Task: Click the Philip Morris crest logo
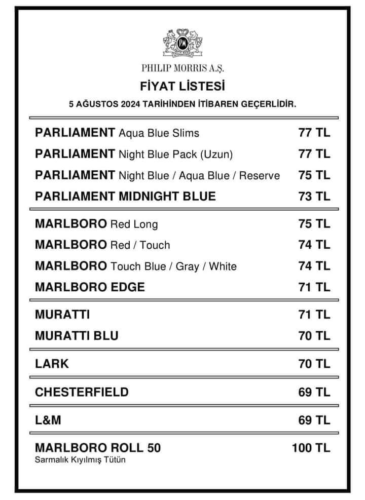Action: click(x=182, y=42)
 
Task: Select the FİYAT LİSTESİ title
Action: click(x=182, y=84)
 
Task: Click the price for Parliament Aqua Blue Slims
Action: click(x=314, y=133)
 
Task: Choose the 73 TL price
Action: click(x=314, y=196)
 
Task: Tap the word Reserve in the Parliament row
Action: click(x=259, y=176)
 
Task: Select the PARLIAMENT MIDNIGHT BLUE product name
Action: click(x=125, y=196)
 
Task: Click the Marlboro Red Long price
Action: click(x=314, y=224)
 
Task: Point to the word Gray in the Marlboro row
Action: click(x=187, y=266)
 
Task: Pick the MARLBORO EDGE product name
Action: click(x=90, y=287)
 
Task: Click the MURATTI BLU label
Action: click(x=77, y=336)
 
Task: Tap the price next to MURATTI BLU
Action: click(x=314, y=336)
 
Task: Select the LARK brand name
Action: click(x=52, y=364)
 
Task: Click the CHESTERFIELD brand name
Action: click(x=82, y=392)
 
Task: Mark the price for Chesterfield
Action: click(x=314, y=392)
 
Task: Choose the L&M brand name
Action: click(x=49, y=420)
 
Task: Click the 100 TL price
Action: click(x=311, y=448)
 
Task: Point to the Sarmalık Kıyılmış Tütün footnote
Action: click(x=80, y=460)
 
